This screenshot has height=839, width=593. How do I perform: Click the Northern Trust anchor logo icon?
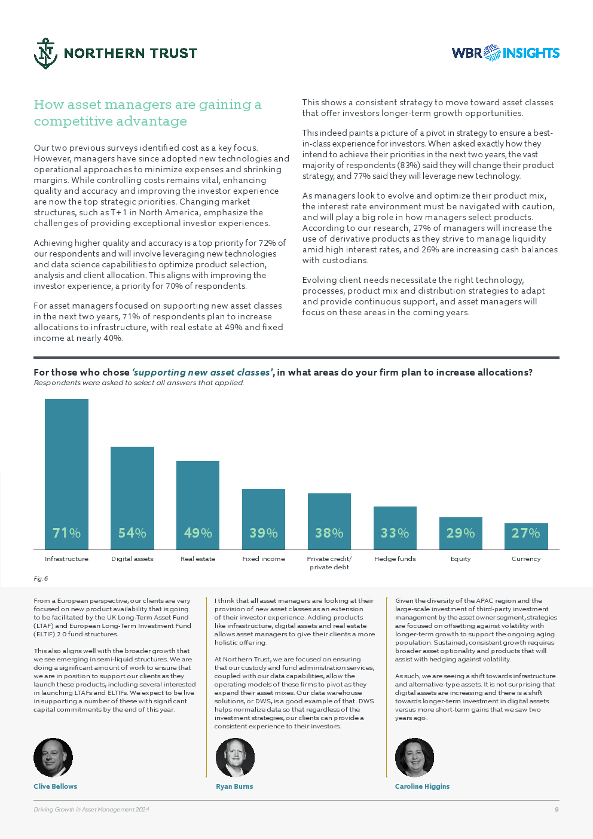(45, 53)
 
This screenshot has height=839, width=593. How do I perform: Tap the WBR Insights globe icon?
(492, 53)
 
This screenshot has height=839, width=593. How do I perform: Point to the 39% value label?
(264, 533)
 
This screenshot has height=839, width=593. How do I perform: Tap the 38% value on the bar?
(329, 533)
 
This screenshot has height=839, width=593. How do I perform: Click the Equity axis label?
(460, 559)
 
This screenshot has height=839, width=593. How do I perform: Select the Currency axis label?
(526, 559)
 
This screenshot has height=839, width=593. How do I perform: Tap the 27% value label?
(526, 533)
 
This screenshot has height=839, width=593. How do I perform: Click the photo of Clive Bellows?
(53, 758)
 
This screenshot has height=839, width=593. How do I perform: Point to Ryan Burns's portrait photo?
(235, 758)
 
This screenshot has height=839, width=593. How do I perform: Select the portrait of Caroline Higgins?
(414, 758)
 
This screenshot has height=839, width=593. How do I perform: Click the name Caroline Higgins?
(422, 786)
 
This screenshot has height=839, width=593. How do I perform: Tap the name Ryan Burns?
(234, 786)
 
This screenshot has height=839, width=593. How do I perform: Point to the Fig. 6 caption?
(41, 578)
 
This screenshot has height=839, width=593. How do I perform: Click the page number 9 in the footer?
(557, 810)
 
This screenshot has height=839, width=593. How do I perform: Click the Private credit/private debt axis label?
(329, 563)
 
